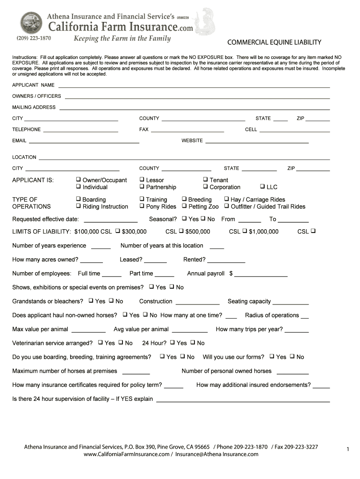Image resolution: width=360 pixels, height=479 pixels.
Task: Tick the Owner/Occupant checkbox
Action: click(78, 180)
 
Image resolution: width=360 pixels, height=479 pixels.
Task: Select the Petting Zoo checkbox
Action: click(184, 206)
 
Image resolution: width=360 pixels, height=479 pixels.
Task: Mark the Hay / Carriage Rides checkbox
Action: click(226, 199)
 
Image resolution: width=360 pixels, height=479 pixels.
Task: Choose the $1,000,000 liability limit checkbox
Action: click(244, 231)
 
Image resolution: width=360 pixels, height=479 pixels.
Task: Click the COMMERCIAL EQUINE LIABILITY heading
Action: click(274, 43)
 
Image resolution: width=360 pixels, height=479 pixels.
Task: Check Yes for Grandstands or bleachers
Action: click(91, 301)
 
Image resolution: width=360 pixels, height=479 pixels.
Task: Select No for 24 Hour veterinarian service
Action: click(193, 342)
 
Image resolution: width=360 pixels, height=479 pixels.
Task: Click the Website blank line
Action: click(257, 141)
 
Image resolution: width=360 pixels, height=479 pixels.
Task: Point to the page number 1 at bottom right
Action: click(348, 450)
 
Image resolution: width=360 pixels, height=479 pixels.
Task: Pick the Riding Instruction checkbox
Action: click(78, 206)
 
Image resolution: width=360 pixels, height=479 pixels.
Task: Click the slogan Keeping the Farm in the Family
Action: click(122, 38)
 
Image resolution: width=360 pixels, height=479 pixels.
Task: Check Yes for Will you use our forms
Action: click(272, 356)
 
